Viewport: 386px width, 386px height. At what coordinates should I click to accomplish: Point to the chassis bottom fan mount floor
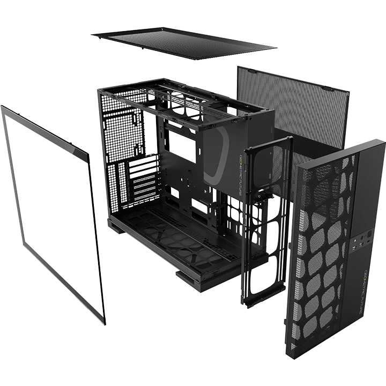[172, 231]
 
